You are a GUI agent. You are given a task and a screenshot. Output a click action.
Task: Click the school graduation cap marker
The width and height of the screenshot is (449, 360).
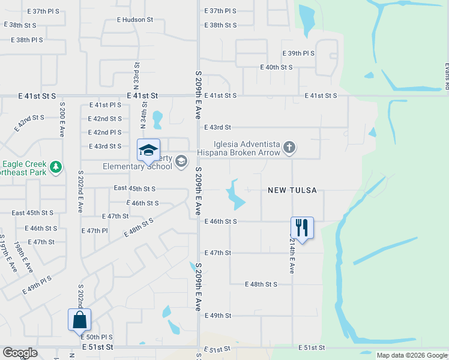click(x=148, y=151)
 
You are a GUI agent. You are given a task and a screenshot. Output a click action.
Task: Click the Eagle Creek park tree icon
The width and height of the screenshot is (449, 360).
click(x=56, y=166)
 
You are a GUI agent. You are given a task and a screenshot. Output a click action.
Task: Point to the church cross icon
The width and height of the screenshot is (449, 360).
click(x=289, y=148)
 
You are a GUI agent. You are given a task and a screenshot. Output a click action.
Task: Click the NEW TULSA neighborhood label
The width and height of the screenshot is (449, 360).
click(x=292, y=190)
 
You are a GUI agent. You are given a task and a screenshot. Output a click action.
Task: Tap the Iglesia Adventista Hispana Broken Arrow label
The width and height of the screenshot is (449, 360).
click(x=247, y=148)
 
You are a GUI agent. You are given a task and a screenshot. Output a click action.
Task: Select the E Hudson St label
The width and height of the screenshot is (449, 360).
click(x=135, y=20)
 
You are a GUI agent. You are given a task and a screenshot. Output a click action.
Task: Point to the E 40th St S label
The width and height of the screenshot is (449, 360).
click(x=276, y=67)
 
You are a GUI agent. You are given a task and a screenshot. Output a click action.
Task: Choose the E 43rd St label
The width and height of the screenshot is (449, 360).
click(x=217, y=127)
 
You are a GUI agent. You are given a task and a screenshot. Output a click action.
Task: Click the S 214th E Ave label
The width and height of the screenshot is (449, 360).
click(x=292, y=256)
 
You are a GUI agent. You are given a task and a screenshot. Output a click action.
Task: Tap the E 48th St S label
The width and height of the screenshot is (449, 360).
click(x=261, y=284)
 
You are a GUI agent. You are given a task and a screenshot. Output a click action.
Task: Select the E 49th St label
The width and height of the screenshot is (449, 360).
click(x=217, y=316)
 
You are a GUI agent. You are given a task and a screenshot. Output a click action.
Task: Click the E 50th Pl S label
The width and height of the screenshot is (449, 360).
click(x=97, y=337)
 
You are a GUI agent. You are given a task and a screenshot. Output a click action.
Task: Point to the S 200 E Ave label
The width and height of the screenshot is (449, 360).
click(x=62, y=119)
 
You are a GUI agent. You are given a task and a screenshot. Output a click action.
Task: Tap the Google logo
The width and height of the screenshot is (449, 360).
click(x=20, y=353)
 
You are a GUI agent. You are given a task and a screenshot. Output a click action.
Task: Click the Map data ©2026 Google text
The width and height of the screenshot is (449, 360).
click(x=412, y=355)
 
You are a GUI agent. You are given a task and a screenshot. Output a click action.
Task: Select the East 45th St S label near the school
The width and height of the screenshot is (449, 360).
click(x=134, y=188)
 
